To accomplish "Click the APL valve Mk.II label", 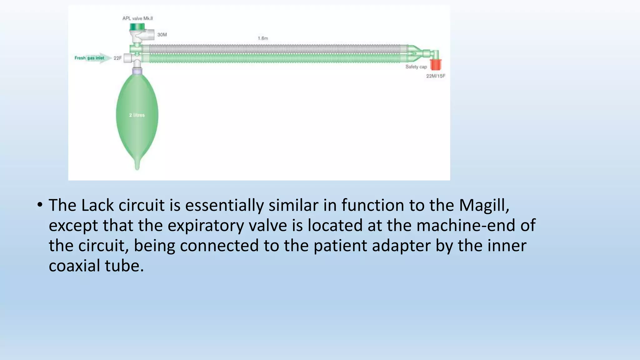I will click(137, 18).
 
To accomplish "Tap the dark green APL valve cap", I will click(137, 27).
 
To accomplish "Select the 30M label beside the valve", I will click(162, 35).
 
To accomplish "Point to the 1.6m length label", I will click(263, 38).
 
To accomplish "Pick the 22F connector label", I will click(117, 58).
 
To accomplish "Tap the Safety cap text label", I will click(416, 67).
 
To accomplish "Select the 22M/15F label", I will click(436, 76).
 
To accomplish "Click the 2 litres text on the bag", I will click(137, 115).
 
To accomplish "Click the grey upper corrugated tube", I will click(275, 49).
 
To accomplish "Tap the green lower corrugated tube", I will click(275, 58).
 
